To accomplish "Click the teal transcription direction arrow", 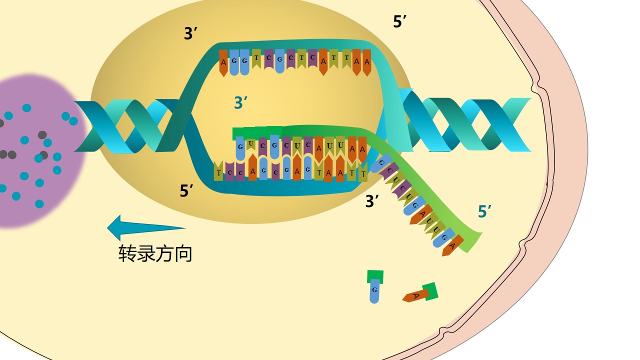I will click(145, 228).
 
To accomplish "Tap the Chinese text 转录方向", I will click(155, 253).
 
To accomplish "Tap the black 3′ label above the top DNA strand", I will click(191, 34).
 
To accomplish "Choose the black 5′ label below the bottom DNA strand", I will click(187, 190).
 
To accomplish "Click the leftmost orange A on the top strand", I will click(223, 63).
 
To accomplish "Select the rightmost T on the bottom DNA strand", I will click(363, 173).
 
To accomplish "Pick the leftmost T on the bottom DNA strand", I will click(218, 172).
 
